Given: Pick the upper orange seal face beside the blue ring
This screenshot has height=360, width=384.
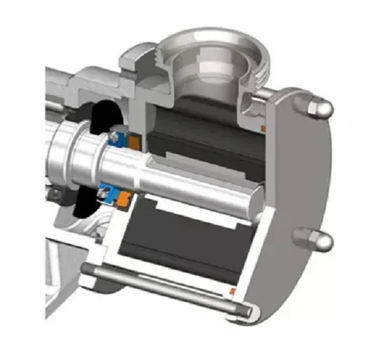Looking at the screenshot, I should (135, 143).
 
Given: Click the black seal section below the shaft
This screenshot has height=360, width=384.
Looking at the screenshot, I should (84, 203).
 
